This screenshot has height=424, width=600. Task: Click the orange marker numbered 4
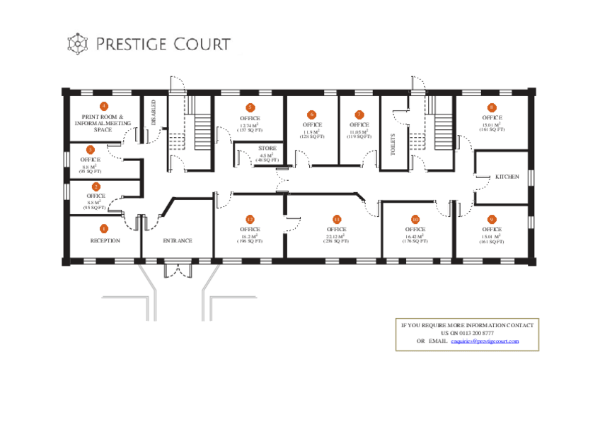pyautogui.click(x=104, y=106)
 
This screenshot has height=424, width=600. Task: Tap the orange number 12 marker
pyautogui.click(x=250, y=219)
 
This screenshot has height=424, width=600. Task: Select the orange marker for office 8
pyautogui.click(x=492, y=107)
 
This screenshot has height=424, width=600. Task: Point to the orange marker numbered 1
pyautogui.click(x=104, y=229)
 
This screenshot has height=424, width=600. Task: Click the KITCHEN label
pyautogui.click(x=507, y=176)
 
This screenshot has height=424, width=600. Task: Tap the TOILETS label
pyautogui.click(x=393, y=144)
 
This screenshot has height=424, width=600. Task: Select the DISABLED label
pyautogui.click(x=153, y=112)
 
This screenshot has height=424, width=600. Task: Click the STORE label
pyautogui.click(x=267, y=149)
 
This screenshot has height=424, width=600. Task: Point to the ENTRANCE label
pyautogui.click(x=178, y=241)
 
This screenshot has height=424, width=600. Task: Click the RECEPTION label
pyautogui.click(x=105, y=241)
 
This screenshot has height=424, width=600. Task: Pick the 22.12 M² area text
pyautogui.click(x=336, y=236)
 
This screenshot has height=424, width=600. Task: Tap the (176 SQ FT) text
pyautogui.click(x=415, y=242)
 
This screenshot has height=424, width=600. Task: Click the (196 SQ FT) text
pyautogui.click(x=250, y=242)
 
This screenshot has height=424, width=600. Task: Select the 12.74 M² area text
pyautogui.click(x=250, y=125)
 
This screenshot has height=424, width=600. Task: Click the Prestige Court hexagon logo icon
pyautogui.click(x=77, y=44)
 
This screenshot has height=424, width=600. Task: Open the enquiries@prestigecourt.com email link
pyautogui.click(x=485, y=341)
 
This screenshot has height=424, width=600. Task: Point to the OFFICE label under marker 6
pyautogui.click(x=312, y=125)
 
